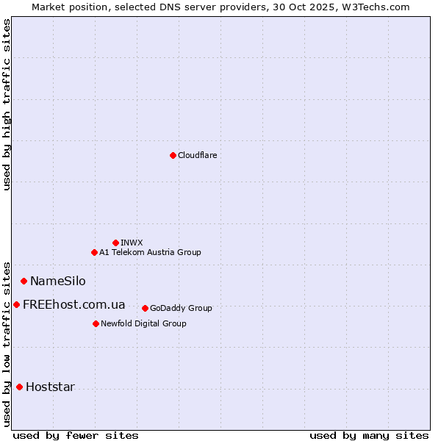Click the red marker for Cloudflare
pyautogui.click(x=173, y=155)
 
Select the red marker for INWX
pyautogui.click(x=115, y=243)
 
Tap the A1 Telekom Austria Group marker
pyautogui.click(x=94, y=252)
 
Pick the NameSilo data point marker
pyautogui.click(x=24, y=281)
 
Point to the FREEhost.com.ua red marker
pyautogui.click(x=16, y=304)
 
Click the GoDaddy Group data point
pyautogui.click(x=145, y=308)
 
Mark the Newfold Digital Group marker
pyautogui.click(x=96, y=323)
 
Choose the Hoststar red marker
pyautogui.click(x=19, y=387)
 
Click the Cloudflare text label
pyautogui.click(x=197, y=155)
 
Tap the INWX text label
pyautogui.click(x=132, y=243)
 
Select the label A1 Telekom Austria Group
pyautogui.click(x=150, y=252)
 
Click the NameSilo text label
pyautogui.click(x=57, y=281)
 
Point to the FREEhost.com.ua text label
pyautogui.click(x=73, y=304)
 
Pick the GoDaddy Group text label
pyautogui.click(x=181, y=308)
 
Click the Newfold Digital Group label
pyautogui.click(x=143, y=323)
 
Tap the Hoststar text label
pyautogui.click(x=50, y=387)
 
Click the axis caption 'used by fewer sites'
pyautogui.click(x=76, y=435)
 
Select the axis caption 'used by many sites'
pyautogui.click(x=369, y=435)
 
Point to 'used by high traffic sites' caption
pyautogui.click(x=7, y=104)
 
